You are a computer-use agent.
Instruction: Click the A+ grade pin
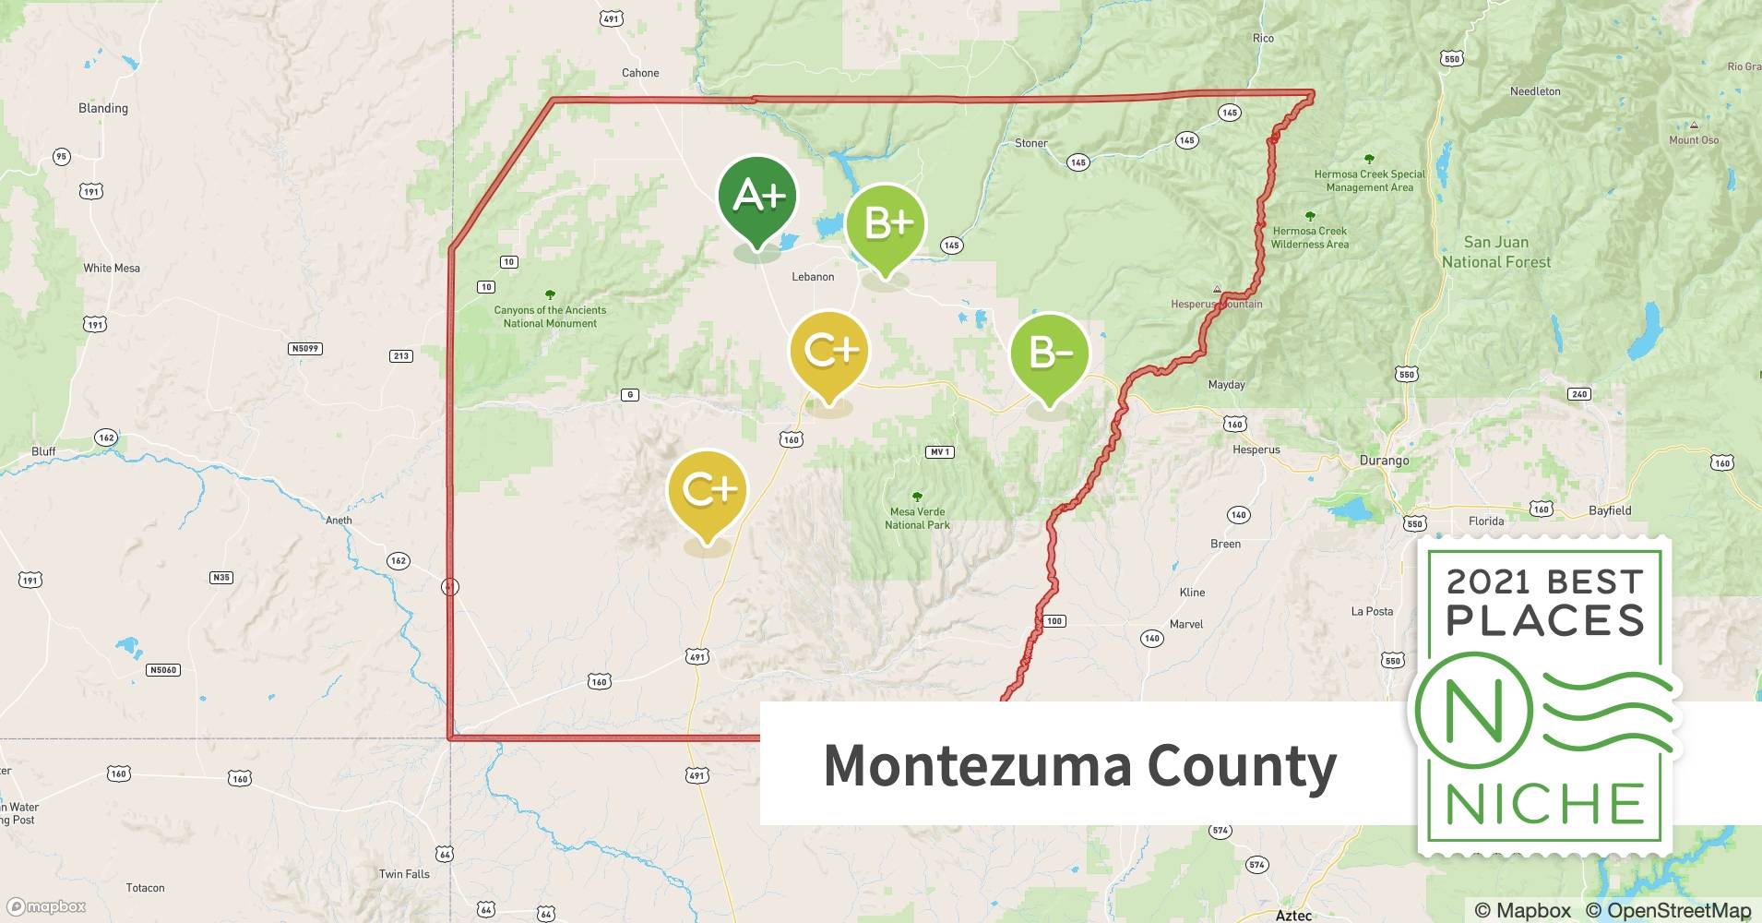[757, 198]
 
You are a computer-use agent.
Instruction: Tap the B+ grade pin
[885, 224]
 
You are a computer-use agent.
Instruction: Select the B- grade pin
[1049, 354]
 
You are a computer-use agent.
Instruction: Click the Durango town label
[1384, 460]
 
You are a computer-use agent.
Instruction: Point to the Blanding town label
[103, 108]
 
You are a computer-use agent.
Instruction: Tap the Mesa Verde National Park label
[917, 518]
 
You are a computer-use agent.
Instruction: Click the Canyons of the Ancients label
[550, 317]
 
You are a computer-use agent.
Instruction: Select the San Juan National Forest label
[1495, 252]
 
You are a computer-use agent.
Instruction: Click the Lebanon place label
[813, 277]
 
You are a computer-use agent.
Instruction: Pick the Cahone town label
[640, 73]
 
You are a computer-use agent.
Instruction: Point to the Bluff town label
[43, 451]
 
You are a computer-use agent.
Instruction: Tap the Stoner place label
[1030, 143]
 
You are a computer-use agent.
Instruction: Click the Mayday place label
[1226, 385]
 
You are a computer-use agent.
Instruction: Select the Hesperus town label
[1256, 450]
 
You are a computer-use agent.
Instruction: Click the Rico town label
[1263, 38]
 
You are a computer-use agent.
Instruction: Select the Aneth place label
[339, 520]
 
